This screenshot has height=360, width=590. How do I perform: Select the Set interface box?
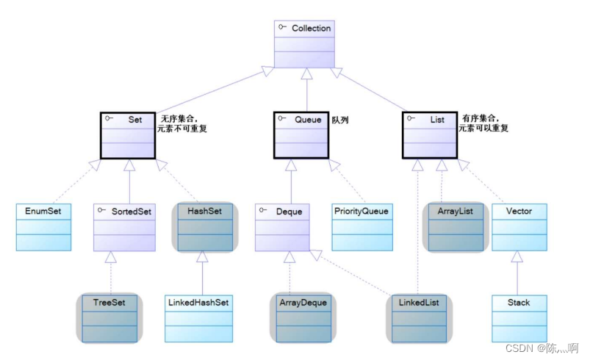[128, 134]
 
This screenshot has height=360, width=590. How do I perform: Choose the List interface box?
[430, 134]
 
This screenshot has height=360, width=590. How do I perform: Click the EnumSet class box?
[43, 226]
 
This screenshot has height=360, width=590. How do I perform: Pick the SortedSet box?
[124, 226]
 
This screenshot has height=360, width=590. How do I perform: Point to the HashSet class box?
[205, 226]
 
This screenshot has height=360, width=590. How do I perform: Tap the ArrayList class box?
[455, 226]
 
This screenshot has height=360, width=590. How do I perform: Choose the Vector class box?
[519, 226]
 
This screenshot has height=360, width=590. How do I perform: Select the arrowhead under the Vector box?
[519, 257]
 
